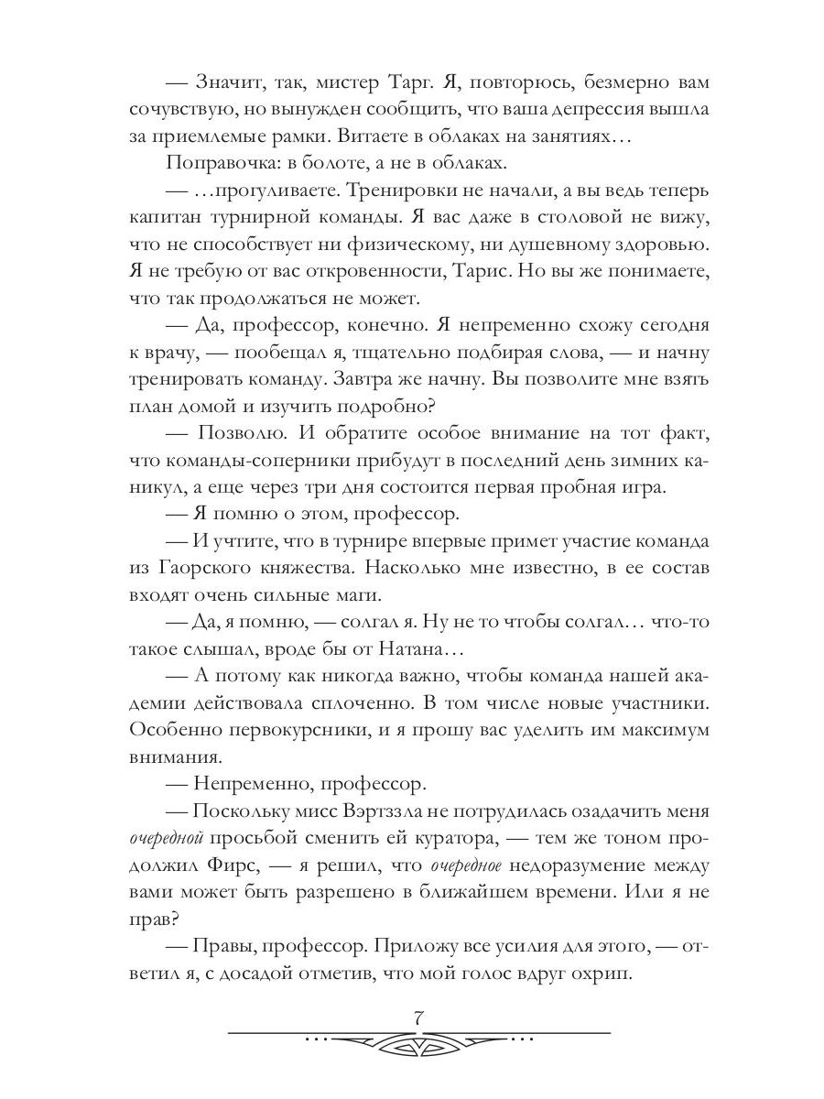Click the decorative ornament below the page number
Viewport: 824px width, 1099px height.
pyautogui.click(x=417, y=1042)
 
